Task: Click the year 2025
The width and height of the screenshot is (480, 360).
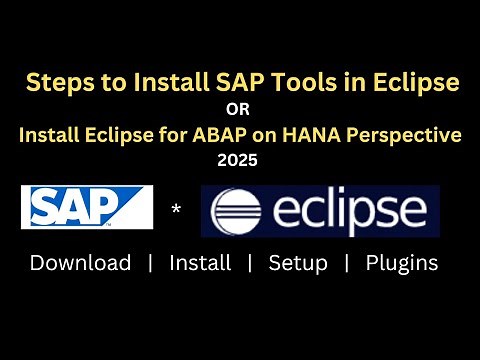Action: (240, 158)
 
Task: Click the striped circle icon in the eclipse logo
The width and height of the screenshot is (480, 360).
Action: (237, 211)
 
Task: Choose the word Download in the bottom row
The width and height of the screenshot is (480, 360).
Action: (80, 263)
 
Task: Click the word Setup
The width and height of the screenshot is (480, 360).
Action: (298, 263)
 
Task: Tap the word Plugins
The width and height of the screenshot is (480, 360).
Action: (401, 263)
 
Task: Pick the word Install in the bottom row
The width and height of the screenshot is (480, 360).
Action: (200, 263)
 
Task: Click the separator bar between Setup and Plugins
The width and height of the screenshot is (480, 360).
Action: (347, 263)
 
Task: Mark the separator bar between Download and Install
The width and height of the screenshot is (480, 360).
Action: (150, 263)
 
